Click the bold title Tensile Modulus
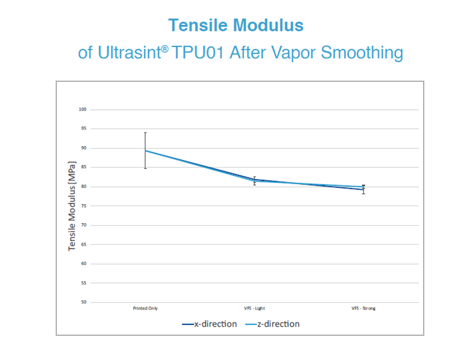(x=235, y=25)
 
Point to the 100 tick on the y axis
(x=83, y=109)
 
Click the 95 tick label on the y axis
(x=84, y=129)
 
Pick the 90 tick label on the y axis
(x=84, y=148)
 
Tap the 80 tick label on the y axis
(x=84, y=187)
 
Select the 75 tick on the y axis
(x=84, y=206)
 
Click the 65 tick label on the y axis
(x=84, y=244)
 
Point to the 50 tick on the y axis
(x=84, y=302)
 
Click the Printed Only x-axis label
(x=145, y=308)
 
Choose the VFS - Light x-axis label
(x=255, y=308)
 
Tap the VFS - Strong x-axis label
(x=363, y=308)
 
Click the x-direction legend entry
(x=209, y=324)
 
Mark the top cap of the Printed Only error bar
(x=145, y=132)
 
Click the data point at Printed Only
(x=145, y=150)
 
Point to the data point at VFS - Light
(x=255, y=180)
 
